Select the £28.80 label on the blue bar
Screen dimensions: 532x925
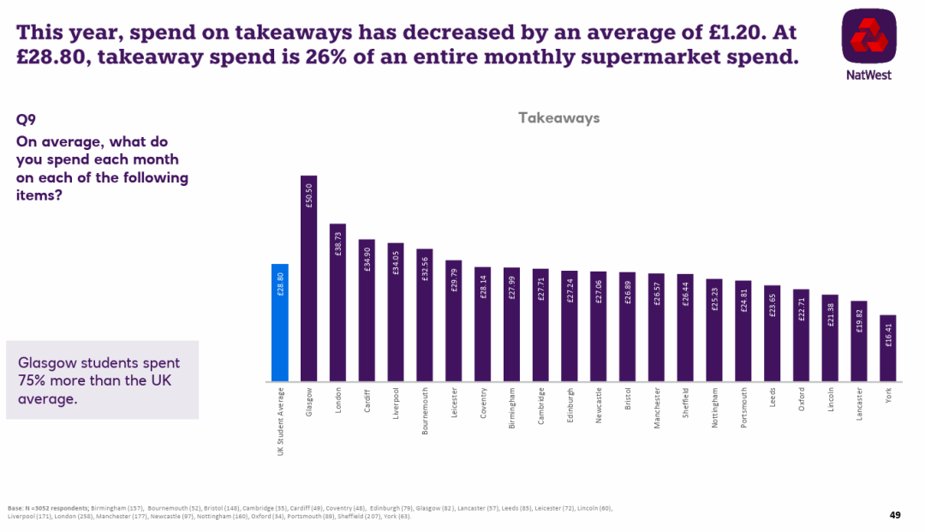(280, 283)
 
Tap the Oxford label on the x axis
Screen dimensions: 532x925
(802, 401)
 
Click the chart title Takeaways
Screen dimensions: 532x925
(558, 118)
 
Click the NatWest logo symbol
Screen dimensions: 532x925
(868, 36)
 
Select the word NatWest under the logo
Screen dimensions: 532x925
(868, 75)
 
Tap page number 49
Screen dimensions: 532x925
(895, 515)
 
